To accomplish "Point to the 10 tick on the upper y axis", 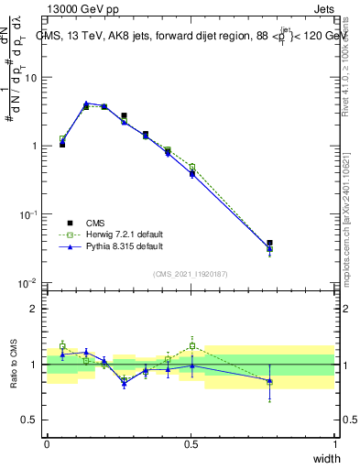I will pyautogui.click(x=31, y=78).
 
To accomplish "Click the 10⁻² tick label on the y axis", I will pyautogui.click(x=27, y=283).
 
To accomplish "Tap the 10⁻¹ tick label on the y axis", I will pyautogui.click(x=27, y=214).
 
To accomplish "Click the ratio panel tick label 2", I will pyautogui.click(x=35, y=309).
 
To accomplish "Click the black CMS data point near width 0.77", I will pyautogui.click(x=269, y=243).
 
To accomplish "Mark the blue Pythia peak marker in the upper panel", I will pyautogui.click(x=86, y=104).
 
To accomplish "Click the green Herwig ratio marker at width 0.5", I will pyautogui.click(x=191, y=345).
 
